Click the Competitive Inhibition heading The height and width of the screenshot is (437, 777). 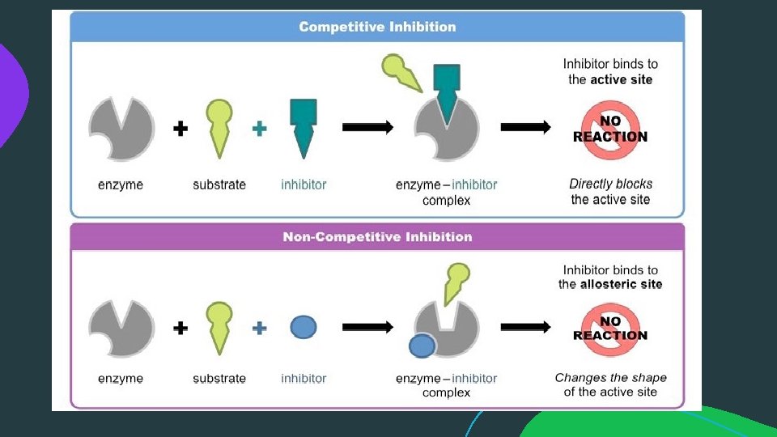click(377, 27)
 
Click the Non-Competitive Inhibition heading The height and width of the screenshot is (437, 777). click(377, 237)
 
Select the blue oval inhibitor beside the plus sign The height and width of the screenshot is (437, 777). click(303, 327)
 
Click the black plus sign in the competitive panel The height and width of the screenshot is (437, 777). click(180, 128)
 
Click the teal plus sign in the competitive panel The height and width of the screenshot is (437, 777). click(259, 128)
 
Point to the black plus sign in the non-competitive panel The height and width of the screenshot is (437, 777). click(180, 328)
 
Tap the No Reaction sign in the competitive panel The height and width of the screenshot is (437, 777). click(610, 129)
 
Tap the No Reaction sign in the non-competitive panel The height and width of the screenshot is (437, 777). click(610, 328)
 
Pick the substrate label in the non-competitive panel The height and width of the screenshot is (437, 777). click(219, 378)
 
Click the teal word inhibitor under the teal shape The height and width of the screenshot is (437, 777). click(304, 185)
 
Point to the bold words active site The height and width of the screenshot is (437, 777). click(621, 79)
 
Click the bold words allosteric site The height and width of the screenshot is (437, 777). click(621, 284)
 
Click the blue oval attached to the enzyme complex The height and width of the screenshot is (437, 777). click(422, 346)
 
